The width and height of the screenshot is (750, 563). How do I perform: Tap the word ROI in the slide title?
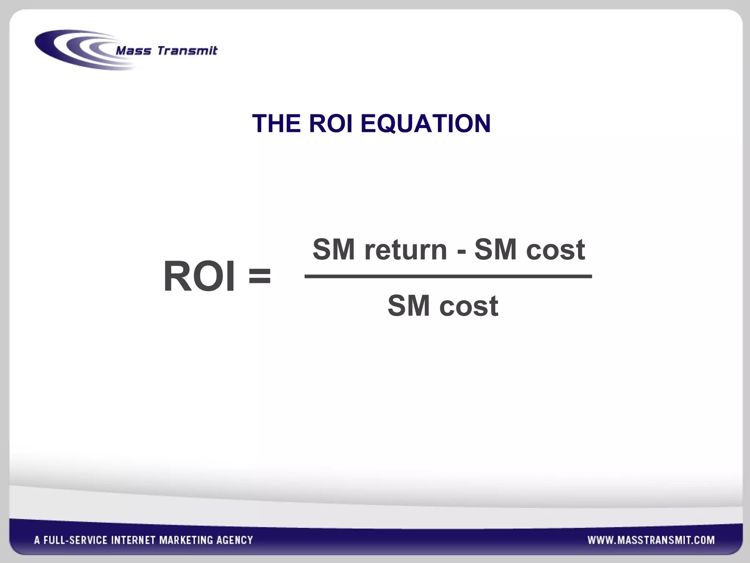point(330,124)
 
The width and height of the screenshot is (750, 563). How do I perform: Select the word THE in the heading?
point(276,124)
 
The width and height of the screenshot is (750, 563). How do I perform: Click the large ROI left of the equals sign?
point(198,276)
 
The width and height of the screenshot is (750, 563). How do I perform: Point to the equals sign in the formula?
point(260,276)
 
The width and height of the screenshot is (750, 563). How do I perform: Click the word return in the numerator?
point(405,250)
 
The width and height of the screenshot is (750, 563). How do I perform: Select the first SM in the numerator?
point(334,249)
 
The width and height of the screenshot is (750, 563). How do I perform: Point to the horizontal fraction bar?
point(448,276)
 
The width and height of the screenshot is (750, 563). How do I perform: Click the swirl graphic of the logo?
point(73,49)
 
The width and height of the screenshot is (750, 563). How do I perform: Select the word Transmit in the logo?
point(187,51)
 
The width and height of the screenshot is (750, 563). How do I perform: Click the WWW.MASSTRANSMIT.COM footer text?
point(651,540)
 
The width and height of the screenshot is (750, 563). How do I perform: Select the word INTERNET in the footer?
point(133,540)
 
